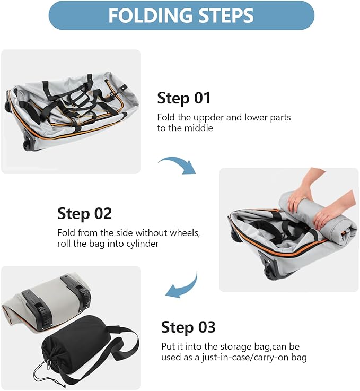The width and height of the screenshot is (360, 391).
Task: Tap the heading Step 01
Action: pos(183,98)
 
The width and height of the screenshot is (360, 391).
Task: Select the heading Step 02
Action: pos(84,214)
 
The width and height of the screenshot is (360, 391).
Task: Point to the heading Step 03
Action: pos(188,327)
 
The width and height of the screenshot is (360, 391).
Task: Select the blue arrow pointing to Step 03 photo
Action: pos(182,287)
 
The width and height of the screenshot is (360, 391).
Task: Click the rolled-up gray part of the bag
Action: pos(318,215)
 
